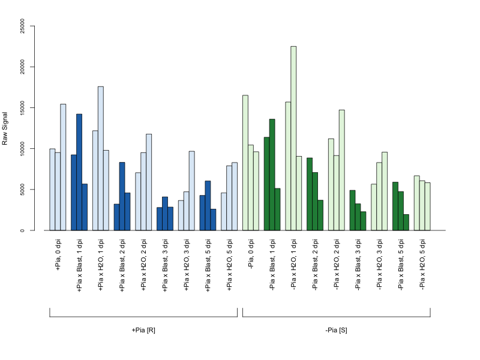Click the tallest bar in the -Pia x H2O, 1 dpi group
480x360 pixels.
293,139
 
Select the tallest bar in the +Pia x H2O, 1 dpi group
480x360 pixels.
101,158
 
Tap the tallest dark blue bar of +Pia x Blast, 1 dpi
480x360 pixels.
79,172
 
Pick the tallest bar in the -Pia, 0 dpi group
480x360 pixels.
245,163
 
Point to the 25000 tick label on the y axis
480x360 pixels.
22,26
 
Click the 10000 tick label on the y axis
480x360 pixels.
22,149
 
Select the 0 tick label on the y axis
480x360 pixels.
22,230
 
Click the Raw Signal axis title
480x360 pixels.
5,128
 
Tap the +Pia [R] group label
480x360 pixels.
143,331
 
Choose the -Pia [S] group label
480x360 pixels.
337,331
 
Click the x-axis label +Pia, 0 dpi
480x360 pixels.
58,254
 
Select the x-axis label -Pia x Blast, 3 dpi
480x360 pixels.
358,265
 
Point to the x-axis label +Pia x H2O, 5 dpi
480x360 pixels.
229,265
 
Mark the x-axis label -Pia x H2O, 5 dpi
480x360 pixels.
422,265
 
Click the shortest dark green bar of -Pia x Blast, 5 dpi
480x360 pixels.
406,222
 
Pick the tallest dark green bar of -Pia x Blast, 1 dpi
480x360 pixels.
272,175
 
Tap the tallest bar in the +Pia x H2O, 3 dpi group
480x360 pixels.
191,191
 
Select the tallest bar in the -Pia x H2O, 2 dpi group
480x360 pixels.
341,170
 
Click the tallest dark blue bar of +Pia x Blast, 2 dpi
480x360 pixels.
122,196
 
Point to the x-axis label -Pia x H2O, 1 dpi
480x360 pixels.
293,265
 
